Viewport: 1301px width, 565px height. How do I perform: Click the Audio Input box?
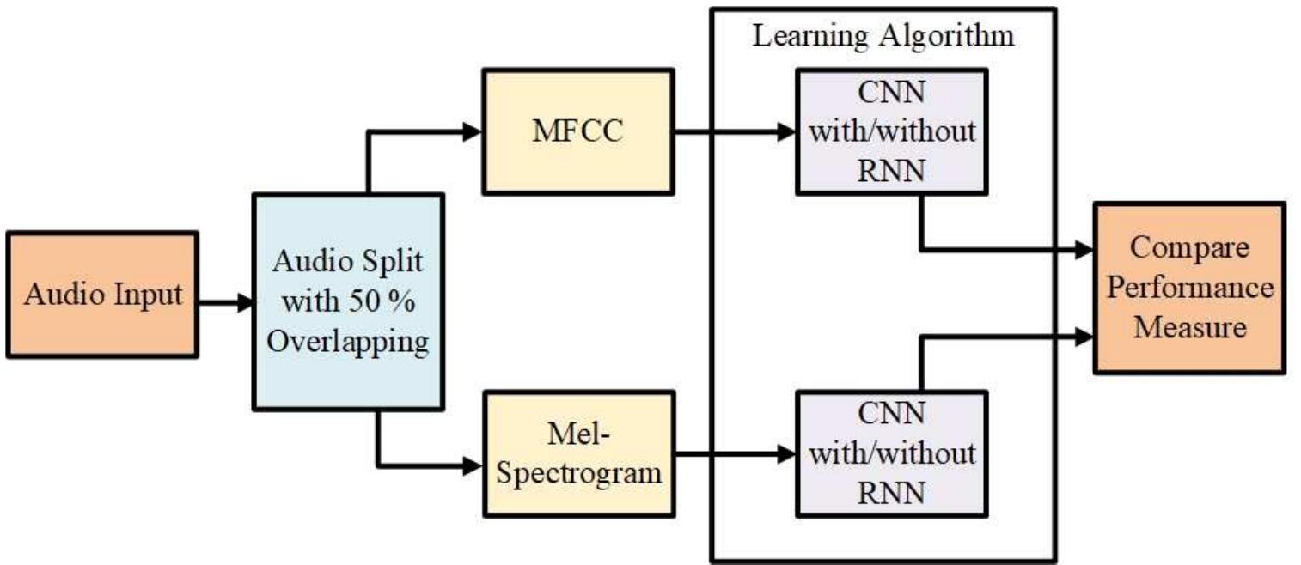[102, 295]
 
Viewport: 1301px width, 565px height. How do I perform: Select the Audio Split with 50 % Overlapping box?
[348, 301]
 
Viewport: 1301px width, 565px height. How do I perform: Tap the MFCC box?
[577, 131]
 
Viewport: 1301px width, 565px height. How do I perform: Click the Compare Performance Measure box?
[1189, 288]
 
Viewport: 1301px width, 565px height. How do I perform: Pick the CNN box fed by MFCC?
[893, 131]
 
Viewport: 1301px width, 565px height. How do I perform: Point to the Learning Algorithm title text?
[883, 37]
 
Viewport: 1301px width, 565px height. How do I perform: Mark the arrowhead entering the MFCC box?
[474, 131]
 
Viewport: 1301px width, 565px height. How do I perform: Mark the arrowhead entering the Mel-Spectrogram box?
[474, 465]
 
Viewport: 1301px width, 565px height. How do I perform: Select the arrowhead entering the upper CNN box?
[788, 131]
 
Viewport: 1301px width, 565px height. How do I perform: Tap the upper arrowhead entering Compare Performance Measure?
[1084, 251]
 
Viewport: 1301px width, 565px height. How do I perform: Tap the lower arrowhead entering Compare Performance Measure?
[1084, 335]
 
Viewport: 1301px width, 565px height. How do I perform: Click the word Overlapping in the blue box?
[348, 342]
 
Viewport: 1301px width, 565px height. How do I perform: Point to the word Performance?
[1189, 288]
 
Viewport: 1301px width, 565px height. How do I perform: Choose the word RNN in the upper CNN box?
[893, 171]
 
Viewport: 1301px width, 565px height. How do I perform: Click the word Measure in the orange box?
[1189, 326]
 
